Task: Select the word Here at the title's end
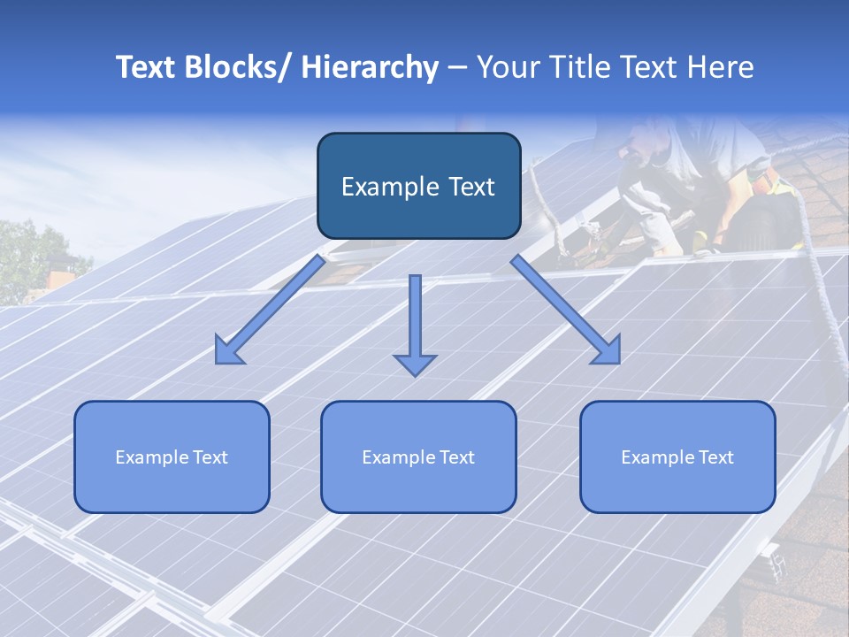point(720,67)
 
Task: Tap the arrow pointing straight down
point(415,318)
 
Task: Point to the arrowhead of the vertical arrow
point(415,365)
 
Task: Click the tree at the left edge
point(31,257)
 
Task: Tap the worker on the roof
point(699,186)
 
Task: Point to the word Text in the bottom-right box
point(715,457)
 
